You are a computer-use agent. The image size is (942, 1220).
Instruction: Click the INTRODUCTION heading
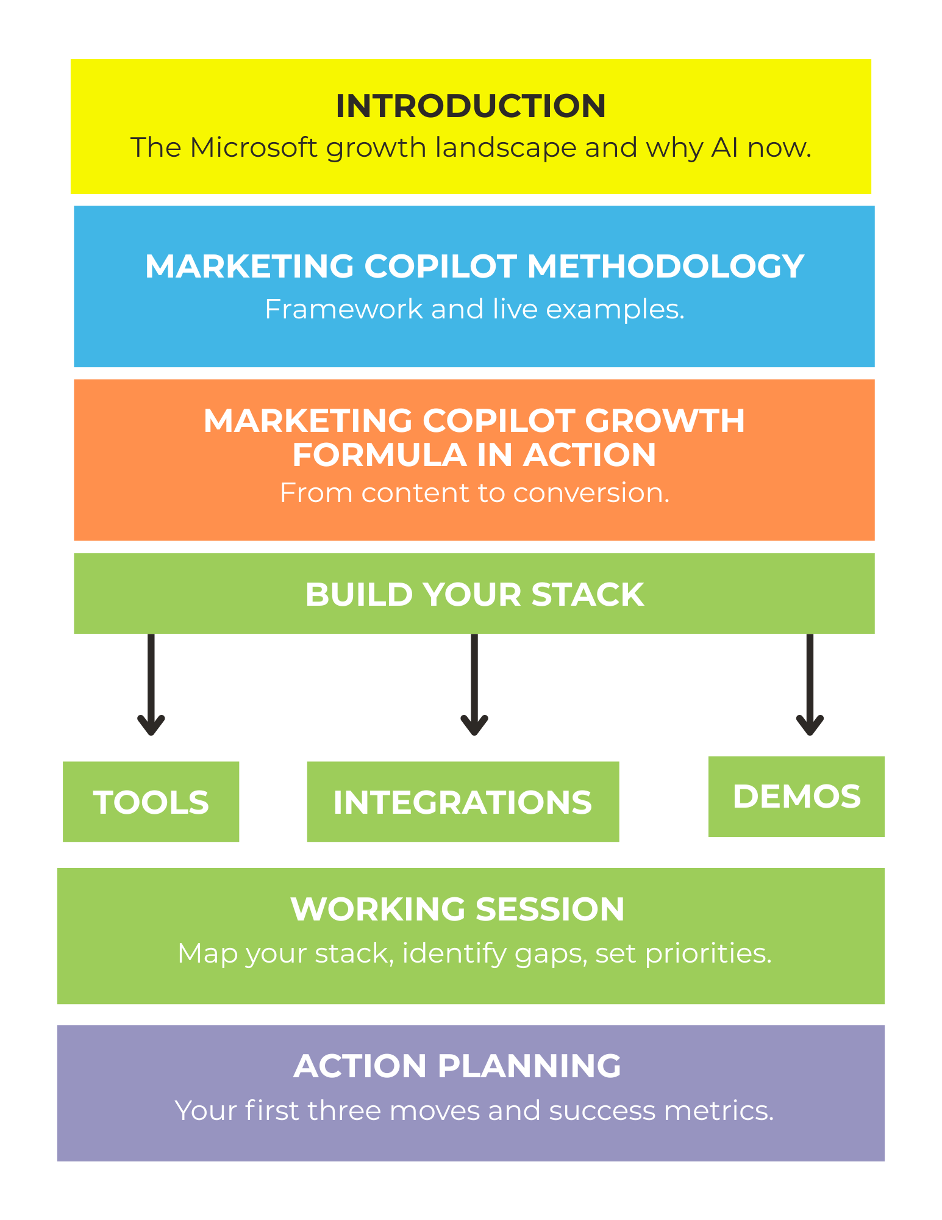pos(471,106)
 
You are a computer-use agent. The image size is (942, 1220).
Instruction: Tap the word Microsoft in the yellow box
pos(254,148)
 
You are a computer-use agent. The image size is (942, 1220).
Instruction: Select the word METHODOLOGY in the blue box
pos(665,267)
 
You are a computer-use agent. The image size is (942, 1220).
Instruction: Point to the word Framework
pos(343,309)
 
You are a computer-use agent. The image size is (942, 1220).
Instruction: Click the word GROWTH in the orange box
pos(665,421)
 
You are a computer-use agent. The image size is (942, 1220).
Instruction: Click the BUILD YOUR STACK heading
pos(474,594)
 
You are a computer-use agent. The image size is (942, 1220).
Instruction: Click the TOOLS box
pos(151,802)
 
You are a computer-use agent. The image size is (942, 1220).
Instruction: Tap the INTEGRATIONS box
pos(463,802)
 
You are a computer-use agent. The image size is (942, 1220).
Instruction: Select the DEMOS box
pos(796,797)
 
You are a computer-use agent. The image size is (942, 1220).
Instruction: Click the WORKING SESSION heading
pos(457,910)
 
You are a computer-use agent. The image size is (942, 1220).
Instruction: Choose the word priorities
pos(708,953)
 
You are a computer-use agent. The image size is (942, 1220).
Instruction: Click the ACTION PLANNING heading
pos(457,1066)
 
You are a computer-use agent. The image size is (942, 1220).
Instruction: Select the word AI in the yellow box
pos(725,148)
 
